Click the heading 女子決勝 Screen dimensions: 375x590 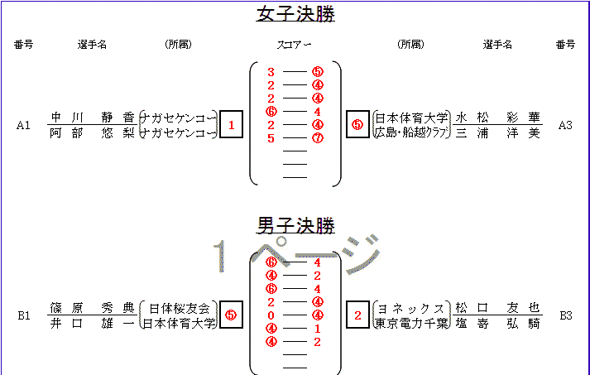295,15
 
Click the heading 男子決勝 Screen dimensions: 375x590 295,224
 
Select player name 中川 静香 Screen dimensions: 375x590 92,118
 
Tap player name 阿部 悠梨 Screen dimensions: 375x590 92,132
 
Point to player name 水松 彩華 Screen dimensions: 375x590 497,118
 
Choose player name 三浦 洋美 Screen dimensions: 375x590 497,132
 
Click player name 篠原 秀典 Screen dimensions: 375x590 92,307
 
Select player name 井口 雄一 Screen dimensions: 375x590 92,322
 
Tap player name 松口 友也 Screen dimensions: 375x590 497,307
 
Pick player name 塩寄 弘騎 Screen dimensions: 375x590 497,322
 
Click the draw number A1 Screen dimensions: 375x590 23,126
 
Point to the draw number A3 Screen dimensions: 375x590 565,126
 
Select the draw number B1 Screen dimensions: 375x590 23,315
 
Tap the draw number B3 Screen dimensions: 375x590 565,315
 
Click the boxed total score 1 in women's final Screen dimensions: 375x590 231,125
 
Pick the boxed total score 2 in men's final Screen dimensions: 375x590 357,315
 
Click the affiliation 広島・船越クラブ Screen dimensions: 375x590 411,132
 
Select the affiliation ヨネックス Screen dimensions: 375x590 410,308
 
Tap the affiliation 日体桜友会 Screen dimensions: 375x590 180,308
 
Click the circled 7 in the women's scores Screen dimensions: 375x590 318,138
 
